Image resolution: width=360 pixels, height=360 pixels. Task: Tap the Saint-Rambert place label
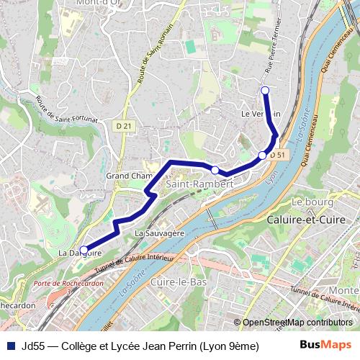pos(200,185)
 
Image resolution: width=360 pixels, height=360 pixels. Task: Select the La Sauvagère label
pos(161,233)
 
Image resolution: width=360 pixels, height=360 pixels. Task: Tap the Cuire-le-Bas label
pos(178,282)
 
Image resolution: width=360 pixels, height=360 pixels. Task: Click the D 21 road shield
pos(124,126)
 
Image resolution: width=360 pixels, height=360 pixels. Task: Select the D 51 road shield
pos(279,155)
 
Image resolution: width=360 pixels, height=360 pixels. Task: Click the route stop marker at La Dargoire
pos(84,249)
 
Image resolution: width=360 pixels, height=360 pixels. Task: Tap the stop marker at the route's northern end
pos(265,90)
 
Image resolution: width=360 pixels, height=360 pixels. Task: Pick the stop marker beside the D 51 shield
pos(263,156)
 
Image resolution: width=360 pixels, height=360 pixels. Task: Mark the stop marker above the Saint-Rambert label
pos(215,169)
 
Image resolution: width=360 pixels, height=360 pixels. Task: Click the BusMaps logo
pos(320,345)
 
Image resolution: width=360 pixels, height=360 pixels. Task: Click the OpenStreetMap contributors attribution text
pos(297,323)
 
